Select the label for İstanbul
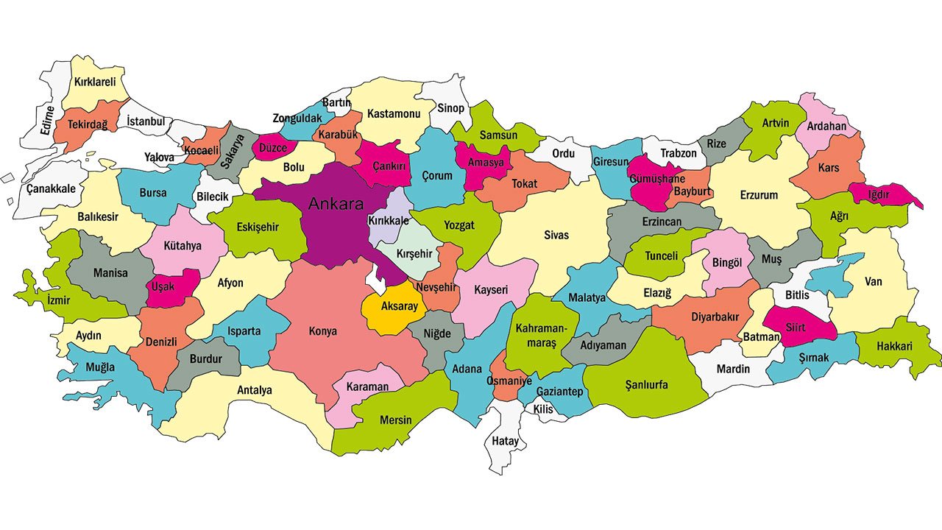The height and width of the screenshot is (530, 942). tap(146, 121)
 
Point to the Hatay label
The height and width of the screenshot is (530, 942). tap(504, 442)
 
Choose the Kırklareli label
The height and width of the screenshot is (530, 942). tap(93, 82)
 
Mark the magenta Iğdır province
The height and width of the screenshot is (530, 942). tap(883, 194)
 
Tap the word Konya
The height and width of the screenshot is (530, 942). tap(322, 331)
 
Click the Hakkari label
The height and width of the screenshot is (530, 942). tap(894, 346)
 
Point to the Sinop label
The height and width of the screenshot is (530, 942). tap(451, 108)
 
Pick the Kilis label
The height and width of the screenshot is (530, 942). tap(543, 409)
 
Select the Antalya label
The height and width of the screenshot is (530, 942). tap(255, 390)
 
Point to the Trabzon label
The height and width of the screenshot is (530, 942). tap(678, 154)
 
